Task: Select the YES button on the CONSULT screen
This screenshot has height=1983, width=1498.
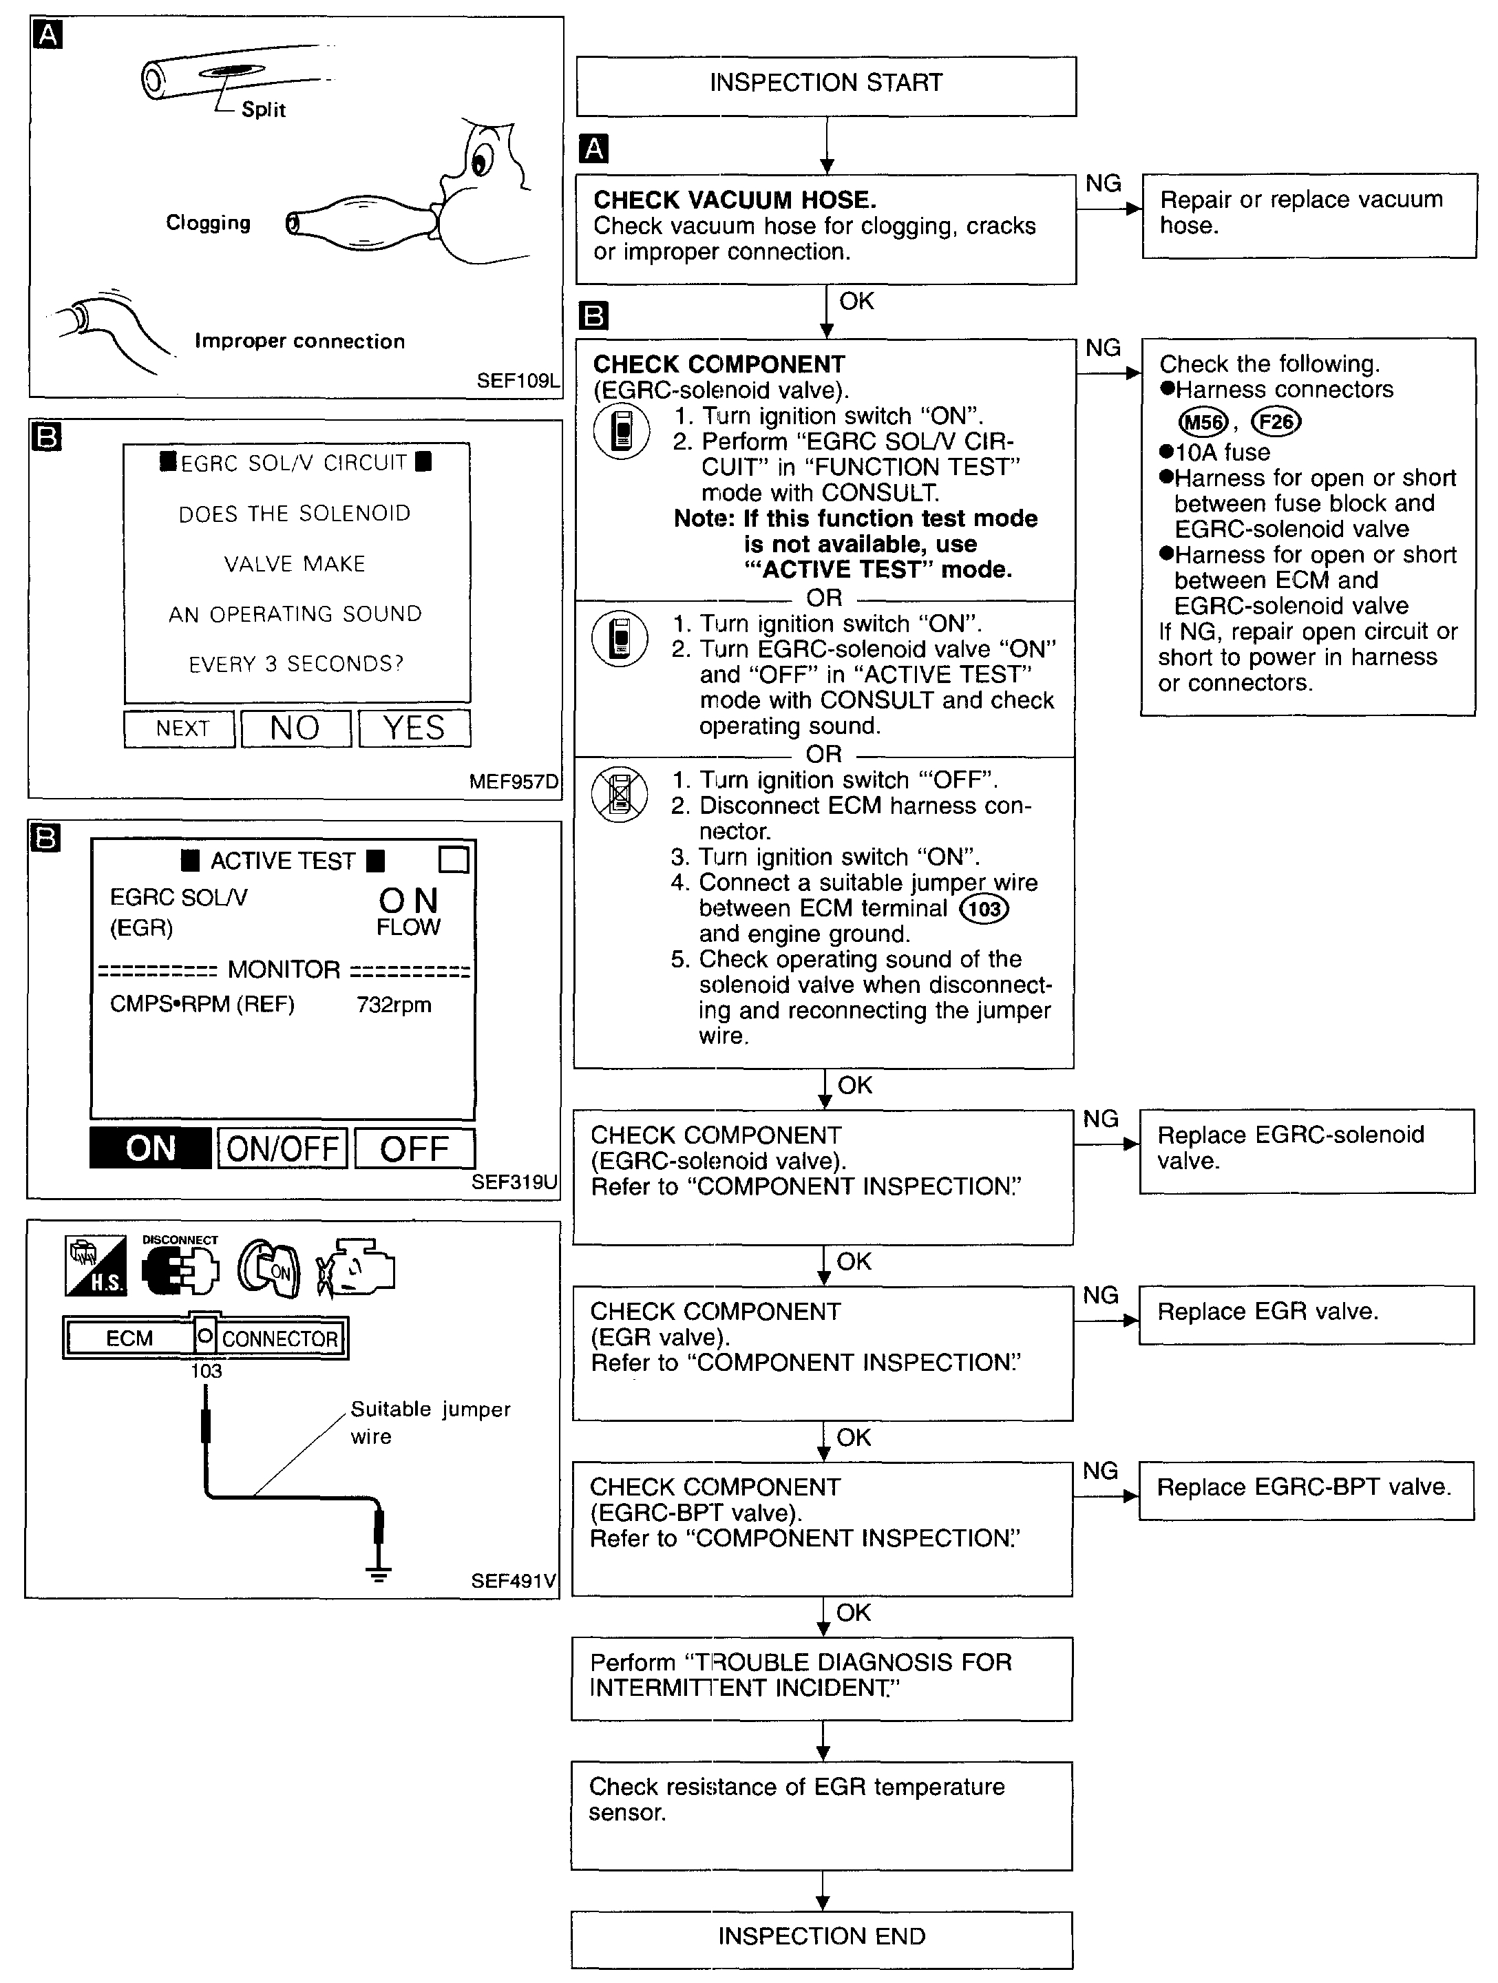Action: (x=414, y=728)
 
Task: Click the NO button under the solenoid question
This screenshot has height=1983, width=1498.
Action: (x=295, y=728)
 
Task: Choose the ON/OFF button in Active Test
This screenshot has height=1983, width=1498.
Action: (x=282, y=1148)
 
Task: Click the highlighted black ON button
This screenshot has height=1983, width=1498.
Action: (x=151, y=1148)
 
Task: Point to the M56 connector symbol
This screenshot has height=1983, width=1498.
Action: (x=1202, y=421)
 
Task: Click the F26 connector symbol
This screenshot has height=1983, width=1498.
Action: (x=1276, y=421)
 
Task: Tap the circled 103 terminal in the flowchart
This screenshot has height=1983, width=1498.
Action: (x=984, y=909)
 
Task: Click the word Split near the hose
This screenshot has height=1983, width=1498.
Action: (x=264, y=110)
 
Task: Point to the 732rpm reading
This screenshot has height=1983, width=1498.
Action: (x=394, y=1005)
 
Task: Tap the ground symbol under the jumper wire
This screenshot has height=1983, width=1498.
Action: (x=379, y=1574)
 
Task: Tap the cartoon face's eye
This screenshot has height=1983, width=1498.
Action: (x=481, y=162)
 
